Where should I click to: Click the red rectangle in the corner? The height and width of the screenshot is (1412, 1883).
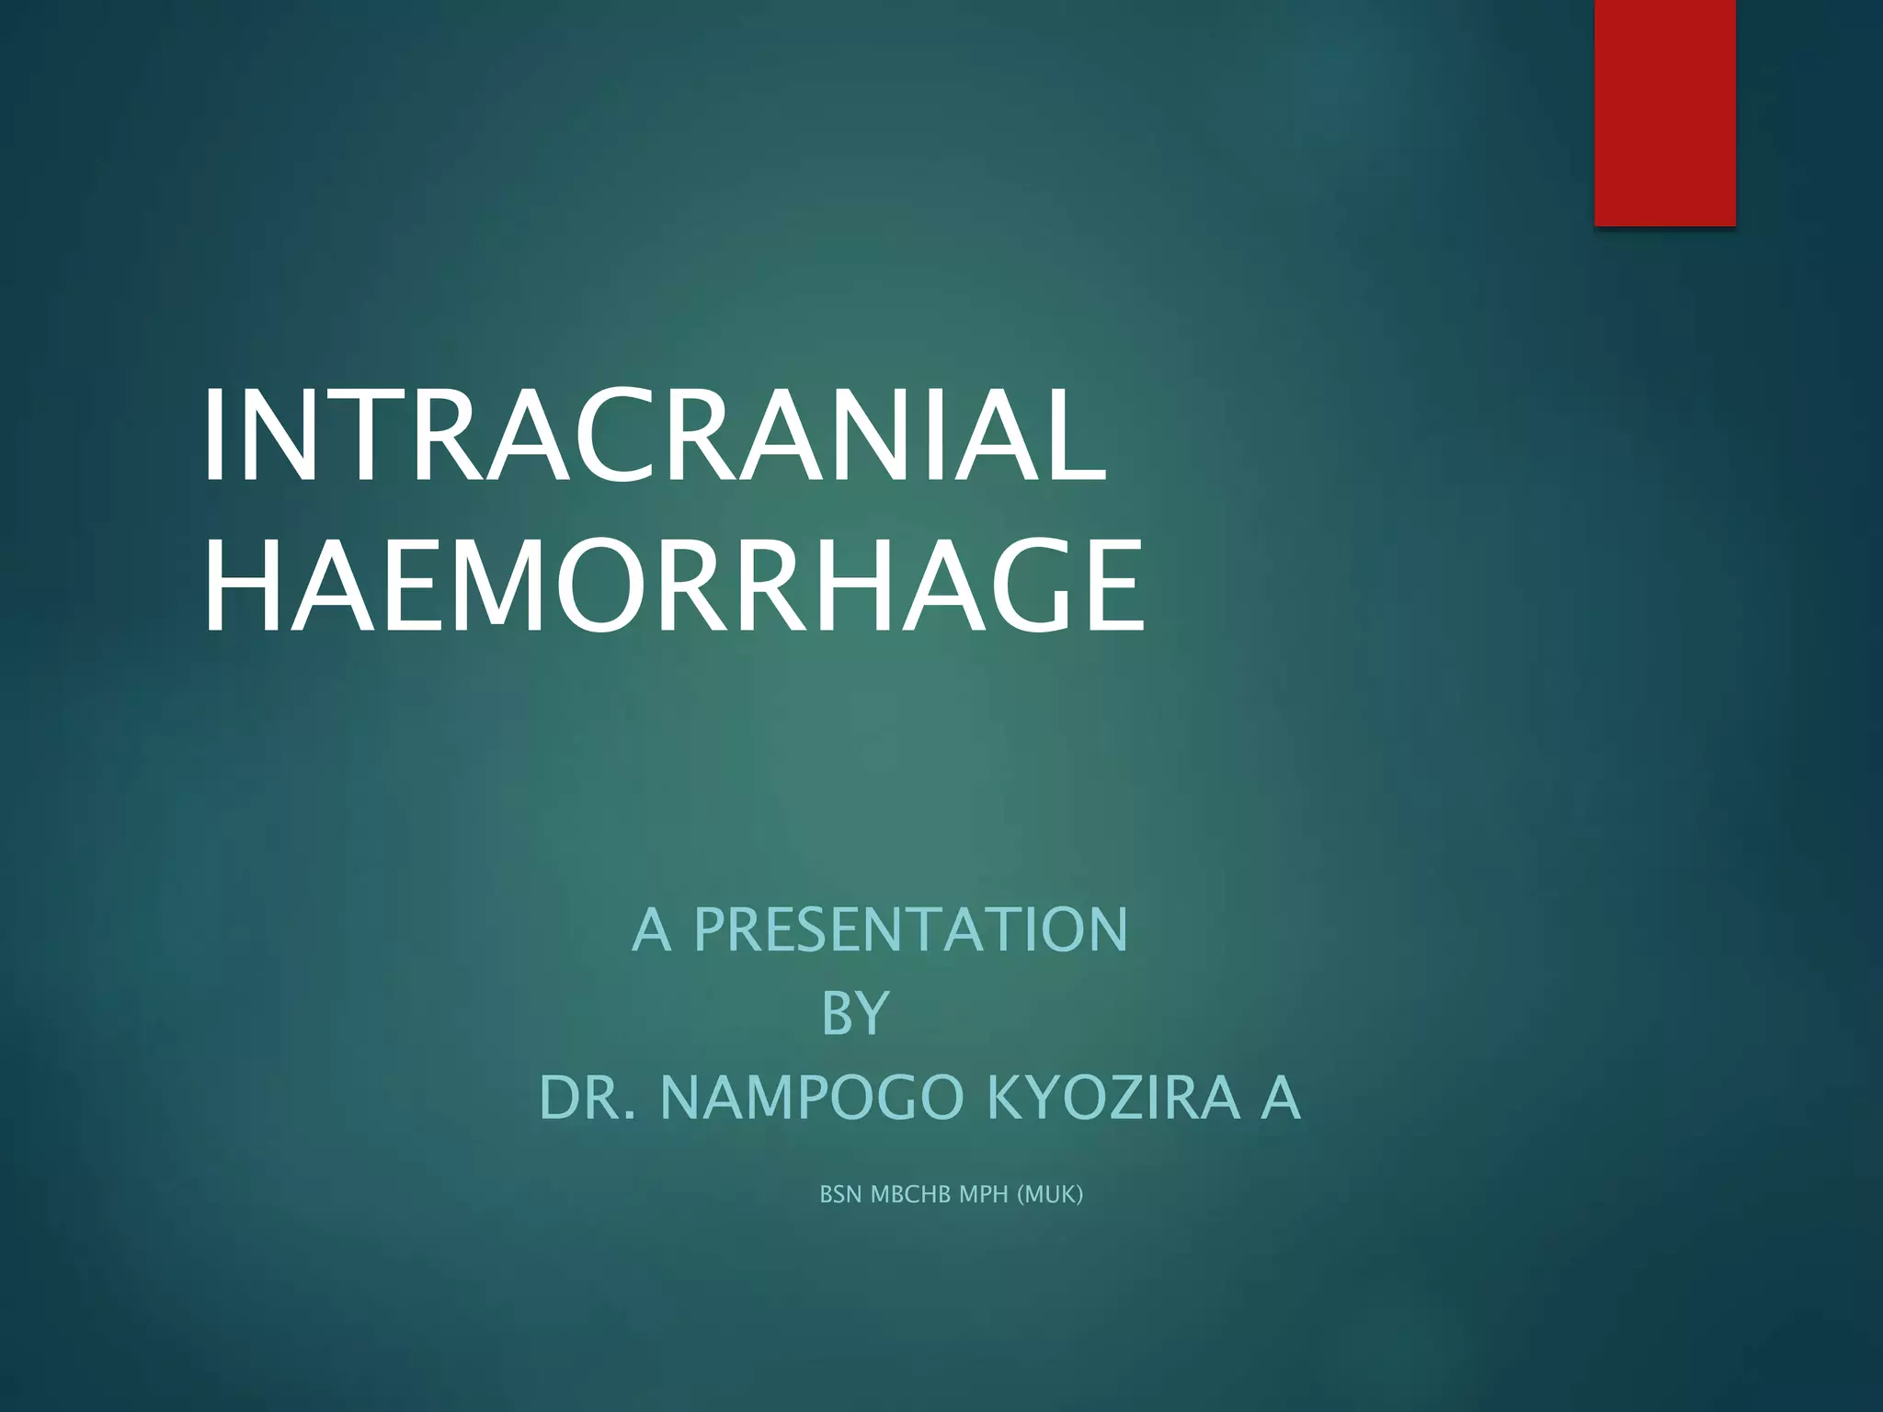tap(1664, 112)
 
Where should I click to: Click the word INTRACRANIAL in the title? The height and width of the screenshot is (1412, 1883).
tap(655, 435)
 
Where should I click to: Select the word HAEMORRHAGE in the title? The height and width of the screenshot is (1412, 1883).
tap(673, 587)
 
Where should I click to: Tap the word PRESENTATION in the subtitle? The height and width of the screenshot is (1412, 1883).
tap(910, 929)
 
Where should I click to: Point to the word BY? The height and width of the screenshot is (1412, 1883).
tap(855, 1013)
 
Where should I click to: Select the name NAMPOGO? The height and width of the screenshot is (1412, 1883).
tap(811, 1098)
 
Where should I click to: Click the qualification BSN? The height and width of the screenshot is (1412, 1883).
tap(840, 1194)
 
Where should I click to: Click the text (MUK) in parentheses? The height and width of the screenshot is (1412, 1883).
tap(1050, 1194)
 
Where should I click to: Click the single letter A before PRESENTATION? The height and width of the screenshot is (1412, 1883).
tap(651, 929)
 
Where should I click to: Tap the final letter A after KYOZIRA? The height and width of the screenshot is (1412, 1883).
tap(1280, 1098)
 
